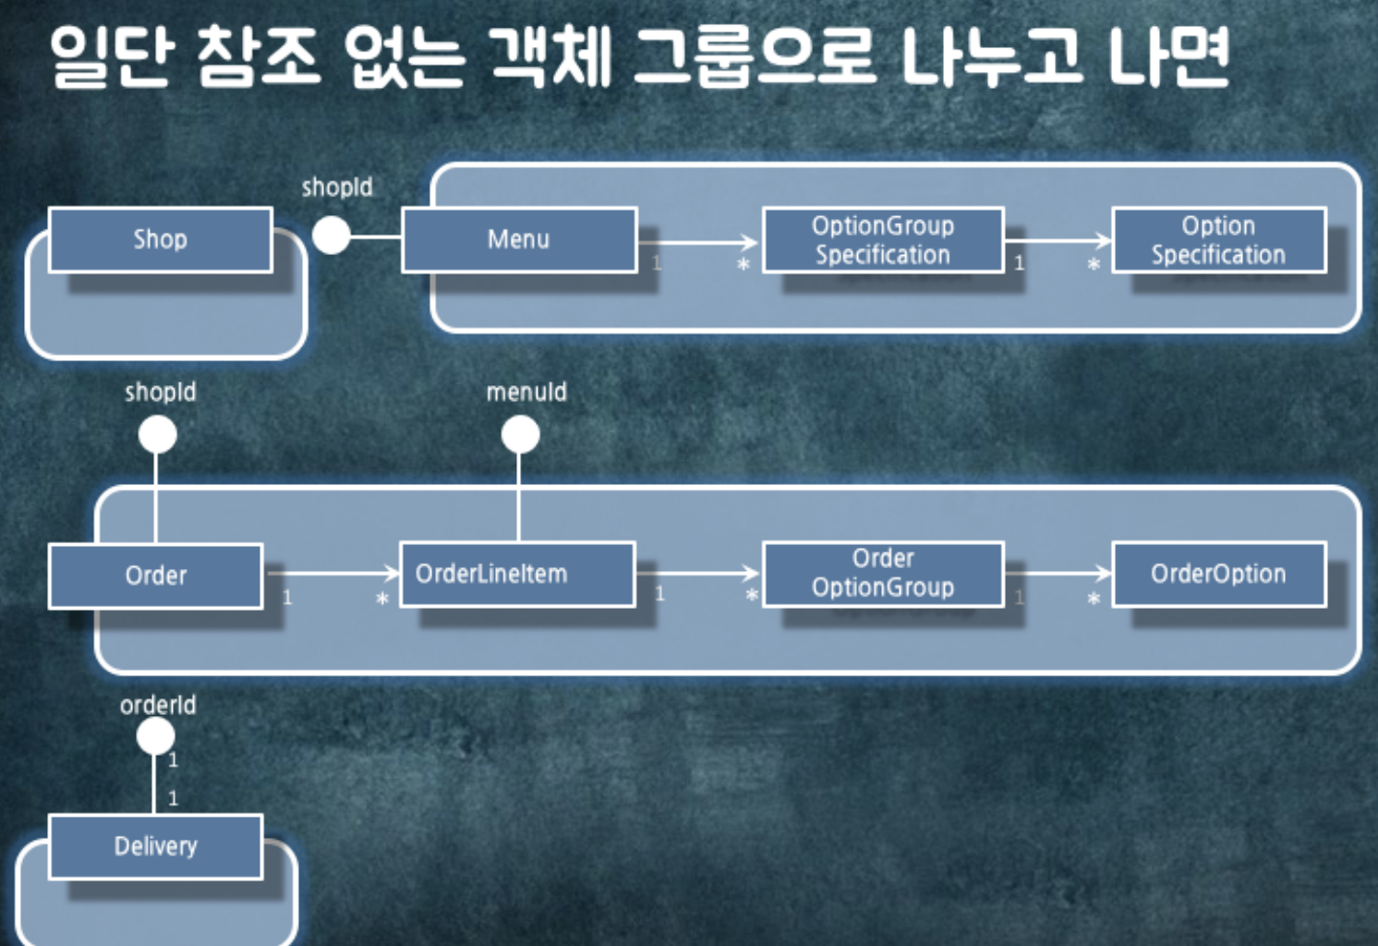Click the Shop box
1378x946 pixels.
tap(160, 239)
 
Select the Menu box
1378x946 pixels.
tap(519, 239)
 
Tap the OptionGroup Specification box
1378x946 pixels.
tap(882, 239)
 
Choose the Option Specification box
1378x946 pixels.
tap(1218, 239)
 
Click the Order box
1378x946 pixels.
tap(155, 576)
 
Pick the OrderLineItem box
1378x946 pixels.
tap(517, 574)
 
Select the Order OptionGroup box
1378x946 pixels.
tap(882, 573)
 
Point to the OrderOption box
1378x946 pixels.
tap(1218, 574)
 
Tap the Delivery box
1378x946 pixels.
tap(155, 845)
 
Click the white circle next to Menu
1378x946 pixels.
tap(331, 236)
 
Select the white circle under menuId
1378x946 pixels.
tap(520, 434)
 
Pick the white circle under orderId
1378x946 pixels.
tap(155, 736)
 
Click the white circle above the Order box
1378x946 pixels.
tap(157, 434)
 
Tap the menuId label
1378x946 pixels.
tap(526, 392)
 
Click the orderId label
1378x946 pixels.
tap(158, 705)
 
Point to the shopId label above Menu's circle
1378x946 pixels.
tap(337, 187)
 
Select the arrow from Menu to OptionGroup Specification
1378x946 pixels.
tap(699, 242)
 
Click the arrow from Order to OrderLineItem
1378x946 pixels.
tap(332, 574)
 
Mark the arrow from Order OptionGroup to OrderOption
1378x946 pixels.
tap(1058, 574)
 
